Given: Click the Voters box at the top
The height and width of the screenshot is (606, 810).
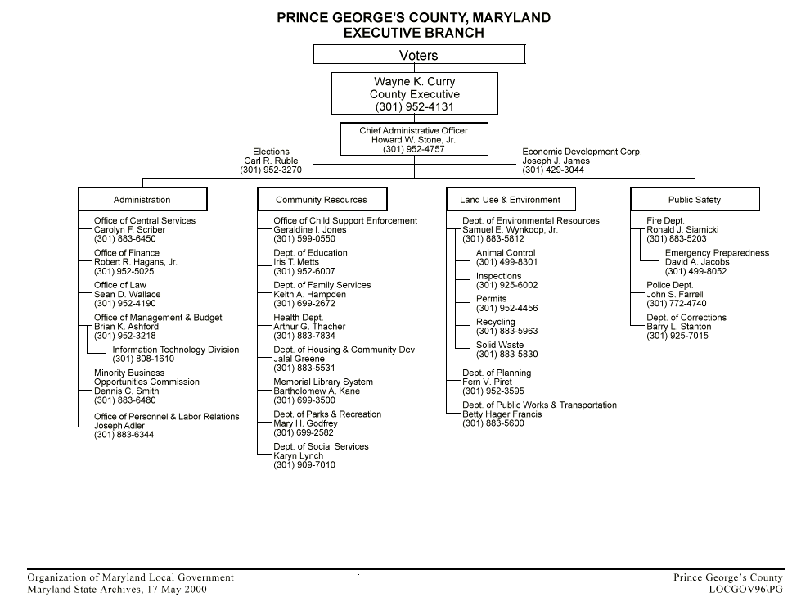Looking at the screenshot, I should [x=419, y=55].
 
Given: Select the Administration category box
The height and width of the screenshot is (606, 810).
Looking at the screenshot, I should [x=142, y=200].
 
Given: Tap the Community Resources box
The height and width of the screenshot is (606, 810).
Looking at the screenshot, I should [x=322, y=200].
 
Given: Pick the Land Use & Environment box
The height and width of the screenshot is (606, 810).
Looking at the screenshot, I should [x=511, y=200].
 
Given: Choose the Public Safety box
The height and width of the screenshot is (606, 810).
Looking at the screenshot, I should [x=695, y=200].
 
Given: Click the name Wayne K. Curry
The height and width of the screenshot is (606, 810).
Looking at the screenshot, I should [x=415, y=82].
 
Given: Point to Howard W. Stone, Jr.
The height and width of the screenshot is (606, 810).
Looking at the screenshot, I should [x=414, y=140].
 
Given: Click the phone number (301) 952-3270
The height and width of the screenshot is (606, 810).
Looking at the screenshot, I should [x=271, y=170].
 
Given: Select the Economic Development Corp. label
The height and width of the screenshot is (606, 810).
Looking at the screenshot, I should [x=582, y=152].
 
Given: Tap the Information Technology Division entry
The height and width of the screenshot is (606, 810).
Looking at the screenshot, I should [x=176, y=350].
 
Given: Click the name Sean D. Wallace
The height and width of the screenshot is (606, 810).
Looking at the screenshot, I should [x=128, y=295].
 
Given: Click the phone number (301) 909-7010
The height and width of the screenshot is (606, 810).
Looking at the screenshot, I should [x=304, y=465].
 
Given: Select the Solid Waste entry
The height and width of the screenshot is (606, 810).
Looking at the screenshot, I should [x=500, y=346].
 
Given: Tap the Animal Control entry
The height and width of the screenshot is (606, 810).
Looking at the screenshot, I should [x=506, y=254].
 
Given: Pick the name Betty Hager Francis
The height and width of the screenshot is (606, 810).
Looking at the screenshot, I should [x=502, y=414].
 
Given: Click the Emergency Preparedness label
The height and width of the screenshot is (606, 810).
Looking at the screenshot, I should [x=717, y=254].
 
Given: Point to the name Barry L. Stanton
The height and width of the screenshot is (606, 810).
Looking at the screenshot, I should [x=679, y=327].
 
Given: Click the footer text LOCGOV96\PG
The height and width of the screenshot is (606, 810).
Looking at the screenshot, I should [x=745, y=590].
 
